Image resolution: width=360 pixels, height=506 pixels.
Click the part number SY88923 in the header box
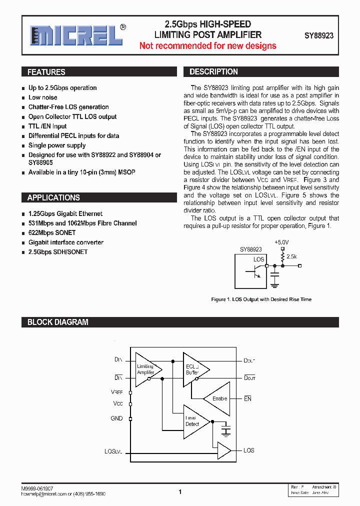coord(319,36)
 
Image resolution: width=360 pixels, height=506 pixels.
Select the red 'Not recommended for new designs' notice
coord(207,46)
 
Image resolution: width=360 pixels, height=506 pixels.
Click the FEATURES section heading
coord(46,72)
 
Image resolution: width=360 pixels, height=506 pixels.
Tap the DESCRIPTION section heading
coord(213,72)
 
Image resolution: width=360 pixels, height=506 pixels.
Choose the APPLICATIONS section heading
coord(53,197)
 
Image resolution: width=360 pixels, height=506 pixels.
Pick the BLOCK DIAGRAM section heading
coord(57,322)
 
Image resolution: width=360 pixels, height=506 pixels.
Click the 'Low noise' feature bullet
coord(42,97)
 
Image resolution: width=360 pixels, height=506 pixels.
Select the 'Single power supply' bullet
coord(57,145)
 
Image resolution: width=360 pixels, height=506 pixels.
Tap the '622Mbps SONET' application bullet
coord(52,233)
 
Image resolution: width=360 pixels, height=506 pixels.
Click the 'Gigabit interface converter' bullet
coord(66,242)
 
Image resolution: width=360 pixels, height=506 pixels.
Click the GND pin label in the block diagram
coord(116,418)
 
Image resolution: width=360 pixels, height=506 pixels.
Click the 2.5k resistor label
coord(291,256)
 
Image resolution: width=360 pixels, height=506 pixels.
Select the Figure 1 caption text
coord(261,299)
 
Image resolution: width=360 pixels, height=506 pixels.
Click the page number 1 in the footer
coord(180,492)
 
